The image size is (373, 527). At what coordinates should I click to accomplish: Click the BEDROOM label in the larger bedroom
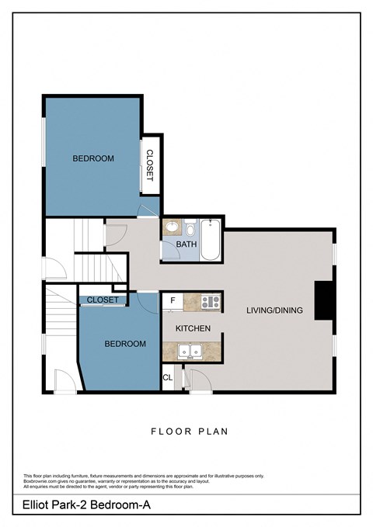click(x=93, y=158)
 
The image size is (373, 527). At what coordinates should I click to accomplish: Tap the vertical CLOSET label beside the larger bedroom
click(x=149, y=165)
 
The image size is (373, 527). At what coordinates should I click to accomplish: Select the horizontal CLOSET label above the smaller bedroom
click(x=103, y=300)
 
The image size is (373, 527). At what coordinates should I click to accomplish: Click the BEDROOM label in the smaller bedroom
click(x=125, y=344)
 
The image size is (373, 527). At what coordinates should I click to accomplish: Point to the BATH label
click(x=186, y=244)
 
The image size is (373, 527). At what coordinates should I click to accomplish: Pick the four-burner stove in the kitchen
click(x=211, y=301)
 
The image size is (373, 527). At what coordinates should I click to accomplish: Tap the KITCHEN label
click(x=193, y=329)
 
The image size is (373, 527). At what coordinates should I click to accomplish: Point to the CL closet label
click(x=168, y=380)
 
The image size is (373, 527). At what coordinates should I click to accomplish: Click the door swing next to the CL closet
click(x=197, y=380)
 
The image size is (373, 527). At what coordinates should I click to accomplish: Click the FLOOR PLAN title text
click(x=189, y=431)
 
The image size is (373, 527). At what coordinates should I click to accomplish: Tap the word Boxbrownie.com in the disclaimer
click(x=40, y=481)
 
